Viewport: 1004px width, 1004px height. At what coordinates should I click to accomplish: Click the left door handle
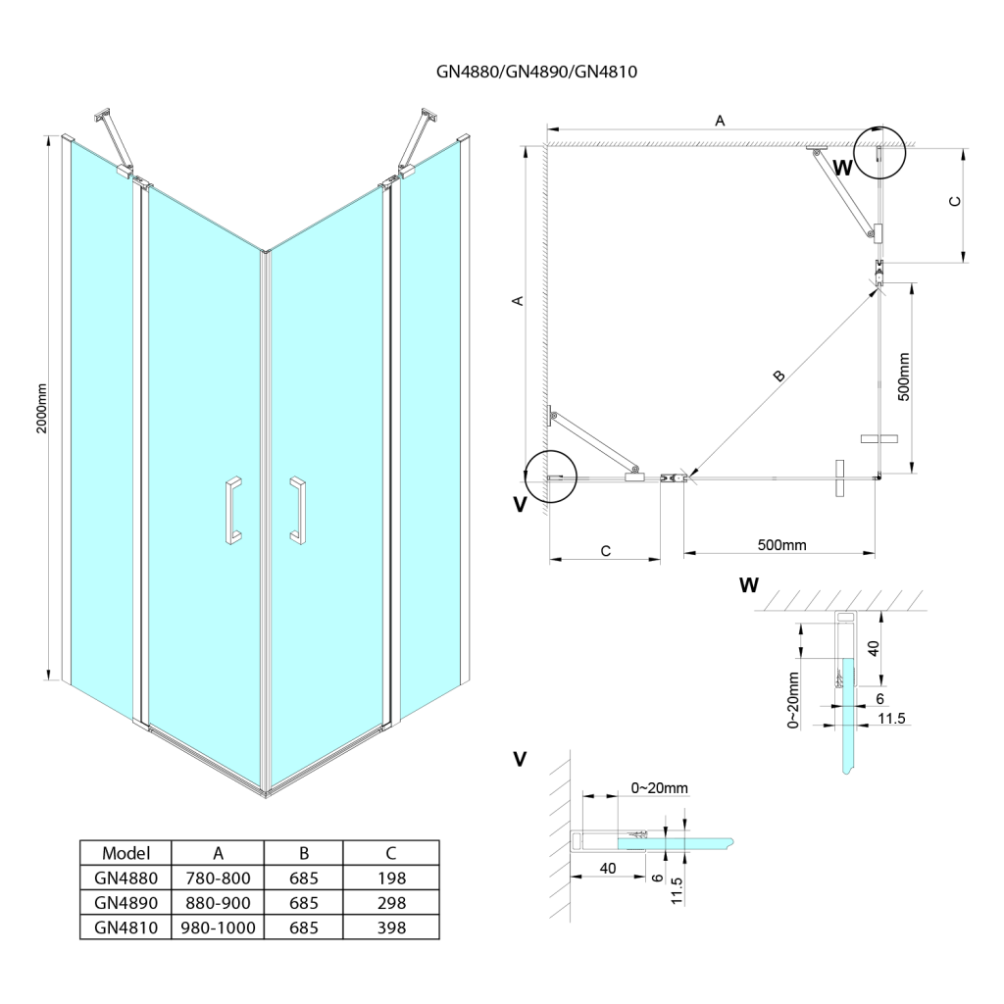[231, 510]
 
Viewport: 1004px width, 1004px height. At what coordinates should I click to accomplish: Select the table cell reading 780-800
[218, 878]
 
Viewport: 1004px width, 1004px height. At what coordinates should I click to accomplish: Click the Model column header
[125, 853]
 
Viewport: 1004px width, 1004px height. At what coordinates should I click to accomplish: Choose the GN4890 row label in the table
[125, 902]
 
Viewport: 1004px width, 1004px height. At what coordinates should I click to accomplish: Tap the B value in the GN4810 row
[305, 927]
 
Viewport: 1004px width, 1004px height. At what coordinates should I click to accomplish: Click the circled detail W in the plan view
[879, 152]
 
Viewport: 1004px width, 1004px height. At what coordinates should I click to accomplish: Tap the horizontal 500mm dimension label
[782, 545]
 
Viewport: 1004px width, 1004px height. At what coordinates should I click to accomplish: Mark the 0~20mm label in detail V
[659, 787]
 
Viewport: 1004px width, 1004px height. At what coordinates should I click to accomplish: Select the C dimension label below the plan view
[605, 551]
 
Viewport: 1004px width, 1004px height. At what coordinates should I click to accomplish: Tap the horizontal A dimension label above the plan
[720, 121]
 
